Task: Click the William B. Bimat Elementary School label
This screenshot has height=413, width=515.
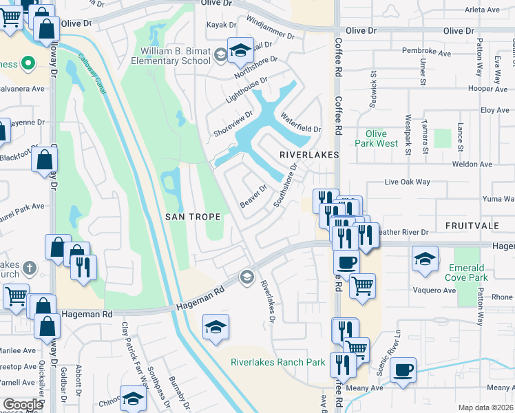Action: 176,56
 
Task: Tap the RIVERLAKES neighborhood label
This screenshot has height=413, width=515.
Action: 309,156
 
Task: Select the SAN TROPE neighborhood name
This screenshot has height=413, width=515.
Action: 193,217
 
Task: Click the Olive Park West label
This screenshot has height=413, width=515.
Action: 377,138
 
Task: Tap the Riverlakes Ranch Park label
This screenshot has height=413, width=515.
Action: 277,362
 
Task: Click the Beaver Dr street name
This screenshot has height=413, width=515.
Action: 253,197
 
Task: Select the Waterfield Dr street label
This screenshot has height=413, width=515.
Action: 300,124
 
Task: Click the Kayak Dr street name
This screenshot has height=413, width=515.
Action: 222,25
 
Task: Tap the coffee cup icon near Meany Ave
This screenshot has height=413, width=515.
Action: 403,370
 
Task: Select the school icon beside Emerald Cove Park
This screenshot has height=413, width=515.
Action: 425,259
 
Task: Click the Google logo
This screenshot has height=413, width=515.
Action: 22,404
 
